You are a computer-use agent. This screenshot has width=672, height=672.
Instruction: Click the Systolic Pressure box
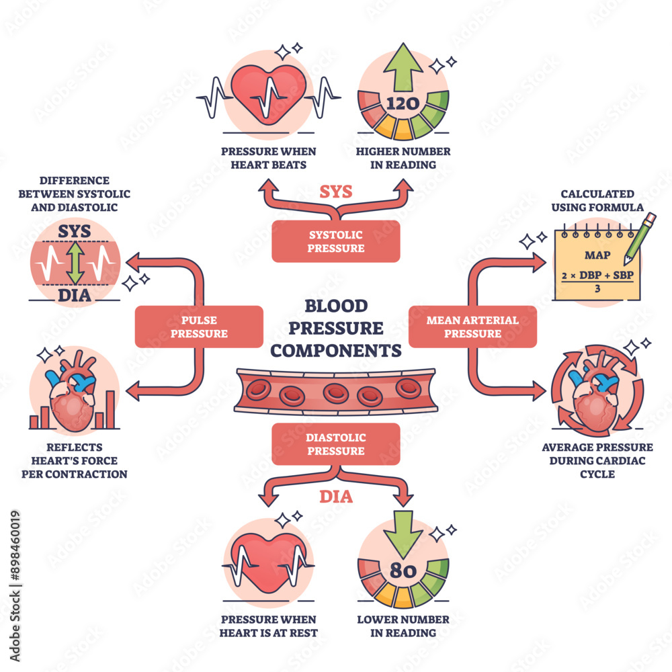click(x=336, y=241)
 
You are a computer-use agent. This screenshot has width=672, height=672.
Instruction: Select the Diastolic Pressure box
click(x=336, y=444)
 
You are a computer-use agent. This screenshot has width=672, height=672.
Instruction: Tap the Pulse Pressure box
click(x=198, y=327)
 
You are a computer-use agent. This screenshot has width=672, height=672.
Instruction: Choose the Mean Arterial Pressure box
click(x=472, y=327)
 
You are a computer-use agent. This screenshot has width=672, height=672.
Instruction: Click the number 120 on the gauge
click(x=403, y=103)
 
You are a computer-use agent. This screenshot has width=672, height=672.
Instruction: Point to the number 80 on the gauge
click(x=403, y=572)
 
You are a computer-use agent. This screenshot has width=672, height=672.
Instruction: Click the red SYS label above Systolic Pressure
click(x=336, y=192)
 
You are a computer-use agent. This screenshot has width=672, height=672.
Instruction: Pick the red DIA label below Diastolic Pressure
click(x=336, y=497)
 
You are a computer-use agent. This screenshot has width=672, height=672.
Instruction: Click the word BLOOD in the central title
click(x=336, y=306)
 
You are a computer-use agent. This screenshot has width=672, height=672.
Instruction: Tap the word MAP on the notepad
click(x=597, y=255)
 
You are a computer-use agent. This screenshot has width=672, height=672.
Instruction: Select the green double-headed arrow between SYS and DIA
click(x=75, y=262)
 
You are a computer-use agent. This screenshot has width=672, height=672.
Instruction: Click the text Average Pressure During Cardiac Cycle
click(x=597, y=460)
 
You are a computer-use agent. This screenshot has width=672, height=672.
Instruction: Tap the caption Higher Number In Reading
click(x=403, y=158)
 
